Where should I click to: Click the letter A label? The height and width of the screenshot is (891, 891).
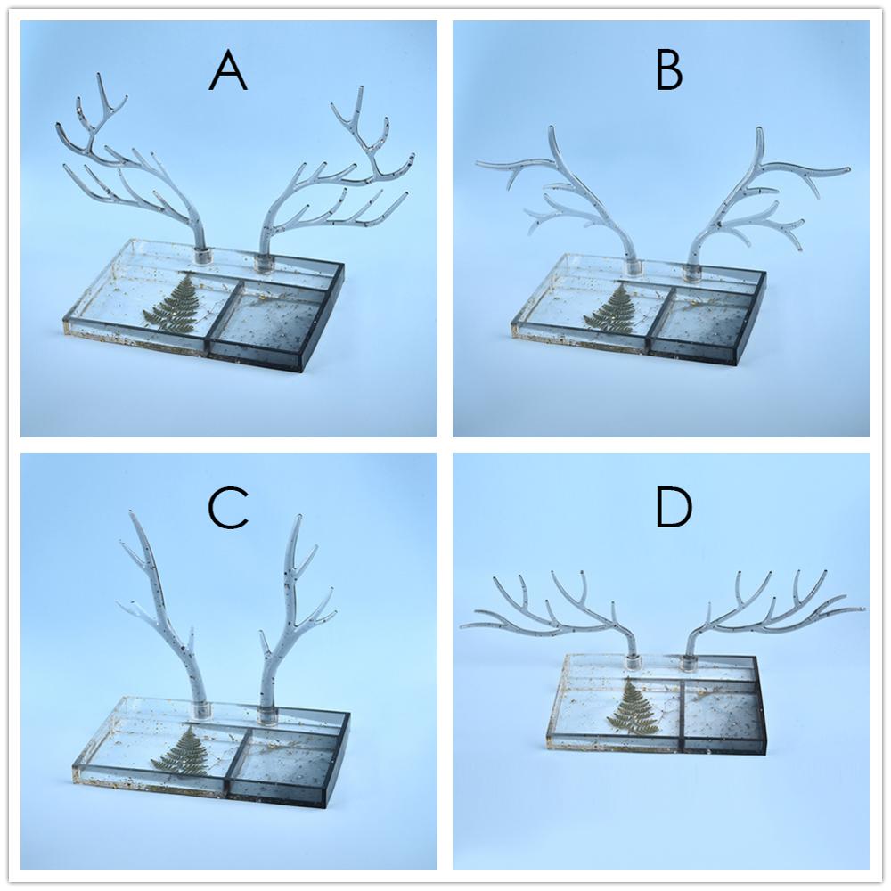[x=228, y=71]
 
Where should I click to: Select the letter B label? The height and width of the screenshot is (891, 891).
[x=668, y=71]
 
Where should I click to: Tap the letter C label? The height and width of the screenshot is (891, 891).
[x=228, y=509]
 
